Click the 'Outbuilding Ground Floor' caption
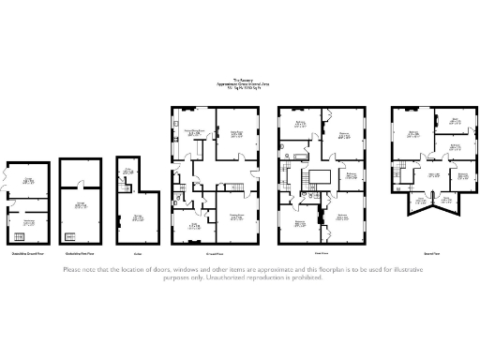click(x=27, y=254)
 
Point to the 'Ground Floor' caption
click(x=215, y=254)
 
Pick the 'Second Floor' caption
click(x=433, y=254)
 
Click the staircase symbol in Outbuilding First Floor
click(x=70, y=234)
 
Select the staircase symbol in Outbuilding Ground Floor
click(x=18, y=233)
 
